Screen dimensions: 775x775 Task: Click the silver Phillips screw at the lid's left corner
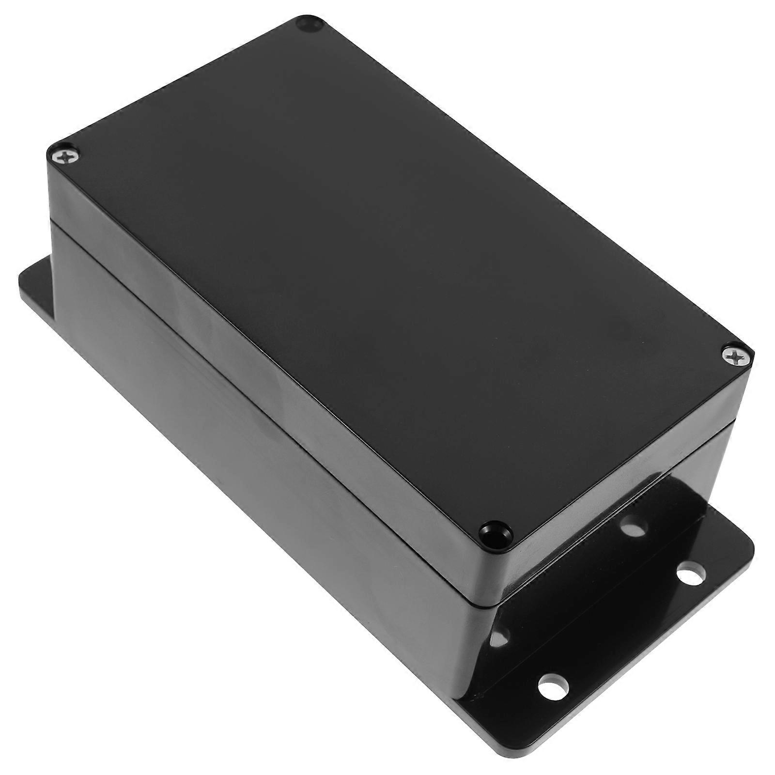tap(64, 156)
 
